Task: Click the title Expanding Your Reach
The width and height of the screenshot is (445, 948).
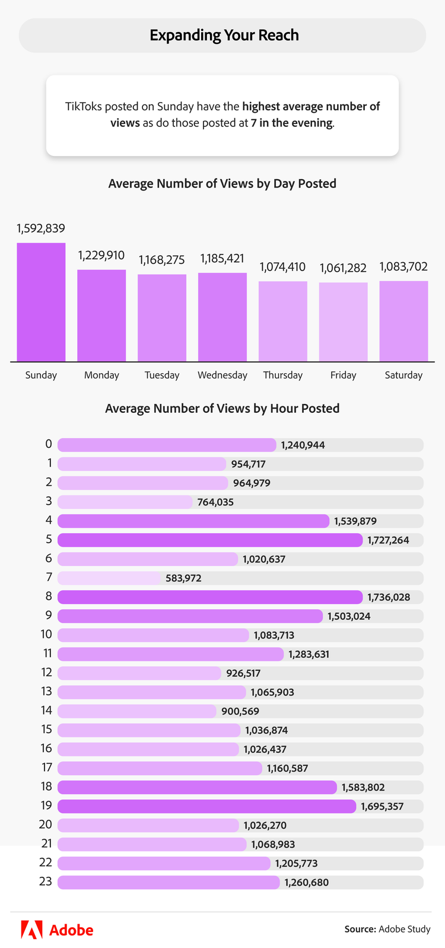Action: click(224, 36)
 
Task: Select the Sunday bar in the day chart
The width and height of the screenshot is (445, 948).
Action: click(41, 302)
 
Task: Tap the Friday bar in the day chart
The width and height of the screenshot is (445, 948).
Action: click(343, 322)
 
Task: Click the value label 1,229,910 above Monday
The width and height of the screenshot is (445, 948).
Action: click(101, 256)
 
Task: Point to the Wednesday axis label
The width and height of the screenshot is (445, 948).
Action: click(223, 375)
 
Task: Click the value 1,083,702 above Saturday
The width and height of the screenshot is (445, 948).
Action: click(403, 267)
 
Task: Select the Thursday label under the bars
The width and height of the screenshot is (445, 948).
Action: click(283, 375)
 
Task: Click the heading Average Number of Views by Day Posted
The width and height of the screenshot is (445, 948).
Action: click(222, 184)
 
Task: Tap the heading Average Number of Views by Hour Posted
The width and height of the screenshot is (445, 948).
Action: click(222, 409)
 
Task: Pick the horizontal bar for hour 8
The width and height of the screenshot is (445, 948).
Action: click(210, 597)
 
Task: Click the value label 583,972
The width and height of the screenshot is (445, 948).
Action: click(183, 578)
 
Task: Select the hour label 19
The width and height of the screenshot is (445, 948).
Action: click(46, 806)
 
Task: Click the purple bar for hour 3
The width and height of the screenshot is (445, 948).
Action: click(125, 502)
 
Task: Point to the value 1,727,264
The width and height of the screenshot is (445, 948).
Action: click(388, 540)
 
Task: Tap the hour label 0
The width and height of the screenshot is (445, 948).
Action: click(49, 444)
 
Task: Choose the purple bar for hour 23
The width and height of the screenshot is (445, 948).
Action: click(169, 882)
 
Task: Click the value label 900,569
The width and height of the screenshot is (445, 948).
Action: click(240, 711)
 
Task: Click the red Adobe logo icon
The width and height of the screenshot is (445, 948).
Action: click(31, 930)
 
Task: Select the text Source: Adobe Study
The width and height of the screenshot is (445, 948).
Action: click(387, 929)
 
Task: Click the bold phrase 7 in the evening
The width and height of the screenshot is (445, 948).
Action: click(291, 123)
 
